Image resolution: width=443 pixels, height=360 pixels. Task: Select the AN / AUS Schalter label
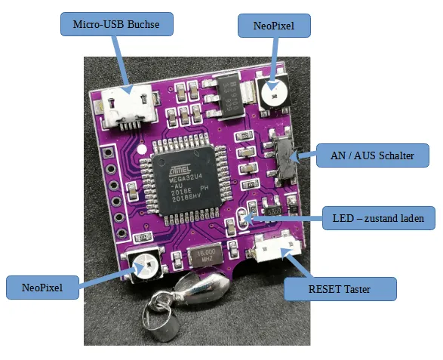[373, 157]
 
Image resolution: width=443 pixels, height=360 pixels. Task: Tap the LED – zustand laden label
[378, 220]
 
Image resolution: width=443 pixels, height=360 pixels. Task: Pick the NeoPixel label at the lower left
[42, 288]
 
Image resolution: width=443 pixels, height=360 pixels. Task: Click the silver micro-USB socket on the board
[128, 107]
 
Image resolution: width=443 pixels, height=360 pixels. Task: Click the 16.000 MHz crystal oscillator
[205, 257]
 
